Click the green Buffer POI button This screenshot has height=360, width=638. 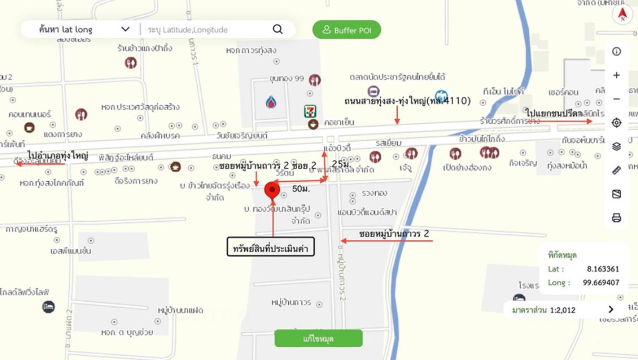pos(347,30)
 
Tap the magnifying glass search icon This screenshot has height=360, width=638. pos(278,29)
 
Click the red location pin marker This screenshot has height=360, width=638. pos(272,190)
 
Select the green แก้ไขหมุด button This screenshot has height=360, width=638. pos(318,338)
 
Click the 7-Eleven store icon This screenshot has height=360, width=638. pos(311,111)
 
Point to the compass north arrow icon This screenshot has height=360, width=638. pos(622,15)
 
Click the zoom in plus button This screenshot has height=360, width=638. pos(616,75)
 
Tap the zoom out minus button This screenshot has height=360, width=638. pos(616,99)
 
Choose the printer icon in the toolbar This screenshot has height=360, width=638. pos(616,218)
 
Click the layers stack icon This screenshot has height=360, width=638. pos(616,147)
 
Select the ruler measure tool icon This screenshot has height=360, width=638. pos(616,170)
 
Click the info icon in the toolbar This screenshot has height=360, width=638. pos(616,51)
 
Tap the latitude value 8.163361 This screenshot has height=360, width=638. pos(603,269)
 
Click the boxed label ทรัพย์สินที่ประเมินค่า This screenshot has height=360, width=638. pos(271,248)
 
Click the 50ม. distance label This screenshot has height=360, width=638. pos(301,189)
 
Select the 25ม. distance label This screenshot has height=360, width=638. pos(341,164)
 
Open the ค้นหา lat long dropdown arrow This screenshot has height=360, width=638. pos(125,29)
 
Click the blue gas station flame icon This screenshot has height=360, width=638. pos(271,103)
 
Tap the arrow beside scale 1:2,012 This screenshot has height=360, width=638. pos(610,309)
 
